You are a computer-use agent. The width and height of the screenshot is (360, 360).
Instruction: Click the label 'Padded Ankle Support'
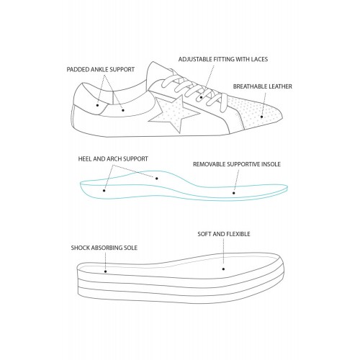click(100, 70)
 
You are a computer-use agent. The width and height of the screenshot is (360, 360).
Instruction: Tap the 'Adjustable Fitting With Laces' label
click(223, 59)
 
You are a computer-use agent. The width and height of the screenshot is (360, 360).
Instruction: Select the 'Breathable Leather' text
click(263, 86)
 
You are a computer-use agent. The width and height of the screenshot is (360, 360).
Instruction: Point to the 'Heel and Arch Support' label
click(113, 159)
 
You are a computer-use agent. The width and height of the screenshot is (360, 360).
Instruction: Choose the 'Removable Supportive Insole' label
click(237, 164)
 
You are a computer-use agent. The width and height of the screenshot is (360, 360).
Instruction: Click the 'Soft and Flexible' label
click(224, 234)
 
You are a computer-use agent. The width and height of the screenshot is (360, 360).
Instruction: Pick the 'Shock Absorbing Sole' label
click(104, 248)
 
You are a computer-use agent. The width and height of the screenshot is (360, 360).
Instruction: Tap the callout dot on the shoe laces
click(201, 97)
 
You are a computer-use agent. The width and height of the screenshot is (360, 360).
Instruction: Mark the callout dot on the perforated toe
click(262, 117)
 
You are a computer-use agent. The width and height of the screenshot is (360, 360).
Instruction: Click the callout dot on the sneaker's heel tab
click(97, 105)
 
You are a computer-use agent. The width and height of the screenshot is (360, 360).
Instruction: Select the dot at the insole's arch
click(157, 179)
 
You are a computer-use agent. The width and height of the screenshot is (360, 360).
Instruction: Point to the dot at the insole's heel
click(104, 191)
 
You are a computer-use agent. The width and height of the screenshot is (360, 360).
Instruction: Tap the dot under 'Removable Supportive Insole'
click(234, 193)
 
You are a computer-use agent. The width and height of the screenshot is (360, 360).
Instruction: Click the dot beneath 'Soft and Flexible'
click(223, 269)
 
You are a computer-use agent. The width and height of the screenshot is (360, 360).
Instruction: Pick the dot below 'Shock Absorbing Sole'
click(105, 271)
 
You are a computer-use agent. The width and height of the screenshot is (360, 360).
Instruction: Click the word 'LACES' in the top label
click(259, 59)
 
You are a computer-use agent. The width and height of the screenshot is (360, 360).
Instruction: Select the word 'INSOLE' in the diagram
click(271, 164)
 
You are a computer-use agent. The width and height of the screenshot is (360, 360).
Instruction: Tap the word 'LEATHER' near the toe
click(282, 86)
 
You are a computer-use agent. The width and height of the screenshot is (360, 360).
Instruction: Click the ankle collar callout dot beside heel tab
click(123, 110)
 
